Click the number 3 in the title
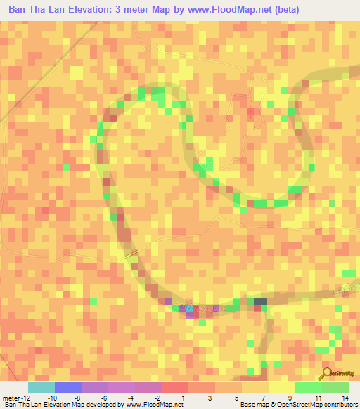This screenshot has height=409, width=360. (123, 10)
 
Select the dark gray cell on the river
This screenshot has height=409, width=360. (260, 301)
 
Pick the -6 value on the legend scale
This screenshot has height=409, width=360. (103, 398)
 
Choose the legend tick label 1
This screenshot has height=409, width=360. (184, 398)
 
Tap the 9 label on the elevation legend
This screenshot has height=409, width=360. (290, 398)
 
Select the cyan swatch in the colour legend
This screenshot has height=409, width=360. (41, 387)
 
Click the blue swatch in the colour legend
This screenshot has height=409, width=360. (68, 387)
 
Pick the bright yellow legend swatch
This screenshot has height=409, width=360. (282, 387)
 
